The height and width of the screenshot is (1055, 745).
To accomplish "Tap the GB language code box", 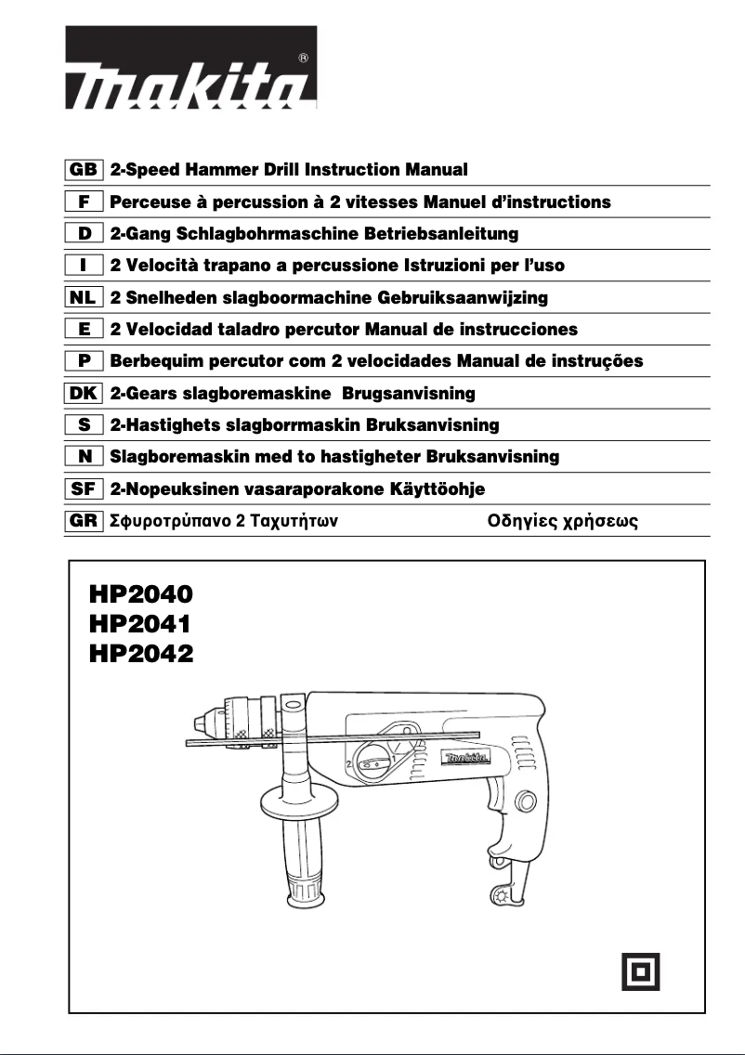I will (x=84, y=171).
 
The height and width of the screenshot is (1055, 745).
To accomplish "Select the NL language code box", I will (x=84, y=298).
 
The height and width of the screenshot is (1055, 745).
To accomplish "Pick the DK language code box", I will (x=84, y=393).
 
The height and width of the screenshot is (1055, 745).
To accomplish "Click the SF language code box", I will (x=84, y=488).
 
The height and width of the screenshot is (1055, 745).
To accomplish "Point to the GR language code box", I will (x=84, y=521).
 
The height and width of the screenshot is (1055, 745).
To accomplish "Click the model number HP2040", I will (x=141, y=593).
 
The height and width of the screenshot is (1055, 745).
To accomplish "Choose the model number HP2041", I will (x=141, y=623).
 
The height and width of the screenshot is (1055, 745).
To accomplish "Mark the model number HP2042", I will (x=141, y=654).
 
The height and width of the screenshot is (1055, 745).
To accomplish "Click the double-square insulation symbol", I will (x=641, y=971).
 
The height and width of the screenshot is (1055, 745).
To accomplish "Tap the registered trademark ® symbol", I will (x=304, y=58).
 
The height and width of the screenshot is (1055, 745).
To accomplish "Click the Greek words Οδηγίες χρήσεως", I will (x=563, y=521).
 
